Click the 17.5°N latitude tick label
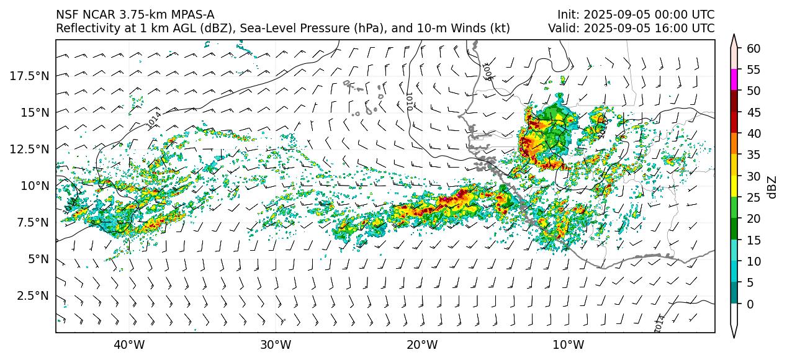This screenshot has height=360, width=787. [30, 76]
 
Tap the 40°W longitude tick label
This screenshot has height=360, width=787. [129, 344]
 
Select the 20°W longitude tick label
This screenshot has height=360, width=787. [422, 344]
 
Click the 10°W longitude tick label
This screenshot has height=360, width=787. [568, 344]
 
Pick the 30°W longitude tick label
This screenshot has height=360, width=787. [276, 344]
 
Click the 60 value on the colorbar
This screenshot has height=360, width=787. [753, 48]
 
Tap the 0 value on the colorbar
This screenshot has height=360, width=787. [750, 304]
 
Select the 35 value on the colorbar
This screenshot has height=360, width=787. [753, 155]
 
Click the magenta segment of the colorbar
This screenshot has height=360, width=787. [734, 79]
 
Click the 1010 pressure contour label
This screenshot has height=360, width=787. [408, 101]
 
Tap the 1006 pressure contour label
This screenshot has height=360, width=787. [487, 71]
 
